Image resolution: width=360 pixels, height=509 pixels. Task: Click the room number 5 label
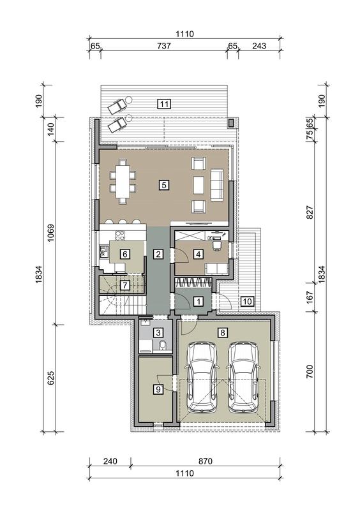coord(164,185)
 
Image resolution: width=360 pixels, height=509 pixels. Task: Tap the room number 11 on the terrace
coord(164,104)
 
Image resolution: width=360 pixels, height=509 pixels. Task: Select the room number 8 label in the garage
coord(223,332)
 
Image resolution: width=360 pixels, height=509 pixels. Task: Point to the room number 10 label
coord(247,301)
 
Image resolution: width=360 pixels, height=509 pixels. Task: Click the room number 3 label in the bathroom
coord(158,332)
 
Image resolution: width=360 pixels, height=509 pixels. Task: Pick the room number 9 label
coord(158,388)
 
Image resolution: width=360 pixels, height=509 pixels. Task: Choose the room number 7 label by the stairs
coord(125,285)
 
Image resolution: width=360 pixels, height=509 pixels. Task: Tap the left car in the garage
coord(202,378)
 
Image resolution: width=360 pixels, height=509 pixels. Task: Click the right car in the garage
coord(243,378)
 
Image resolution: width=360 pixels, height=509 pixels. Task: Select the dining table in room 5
coord(123,181)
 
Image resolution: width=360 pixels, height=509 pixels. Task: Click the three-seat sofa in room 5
coord(217,184)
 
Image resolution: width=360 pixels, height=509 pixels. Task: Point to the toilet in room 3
coord(163,346)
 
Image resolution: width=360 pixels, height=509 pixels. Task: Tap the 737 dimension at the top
coord(164,46)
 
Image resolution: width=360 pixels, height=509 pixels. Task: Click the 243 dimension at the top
coord(259,46)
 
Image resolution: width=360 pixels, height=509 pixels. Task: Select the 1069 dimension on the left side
coord(50,233)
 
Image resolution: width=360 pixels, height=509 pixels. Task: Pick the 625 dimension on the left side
coord(50,378)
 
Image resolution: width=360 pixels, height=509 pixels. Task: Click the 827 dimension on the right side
coord(310,212)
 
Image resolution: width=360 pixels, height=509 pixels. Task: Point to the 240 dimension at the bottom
coord(110,461)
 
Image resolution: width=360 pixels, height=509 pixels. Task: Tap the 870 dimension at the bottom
coord(205,461)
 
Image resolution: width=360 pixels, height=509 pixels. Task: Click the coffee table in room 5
coord(199,186)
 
